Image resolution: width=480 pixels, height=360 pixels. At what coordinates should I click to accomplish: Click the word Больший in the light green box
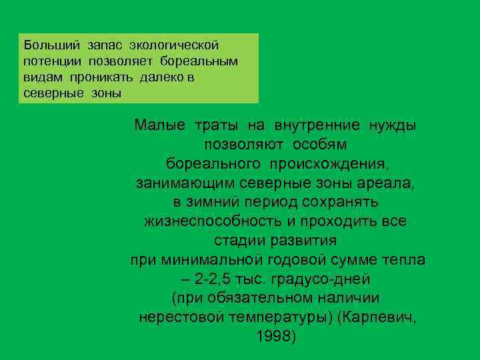click(51, 45)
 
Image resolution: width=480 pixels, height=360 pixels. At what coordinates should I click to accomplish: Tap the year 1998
click(273, 337)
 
